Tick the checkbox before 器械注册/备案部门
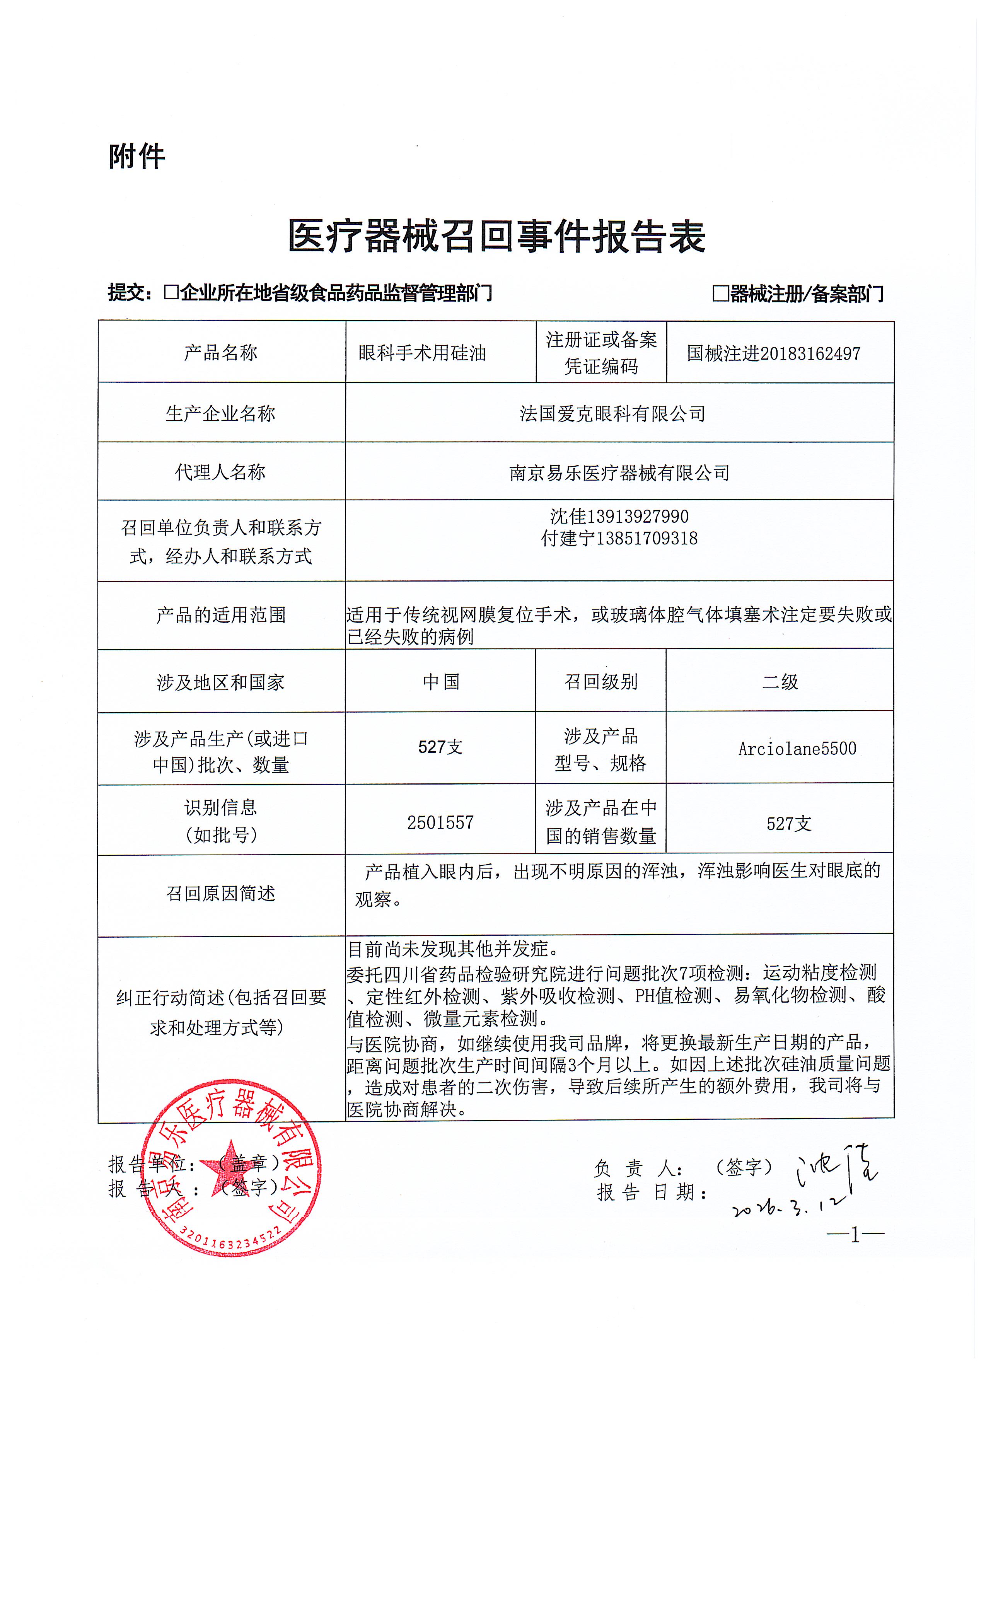720,293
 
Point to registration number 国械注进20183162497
773,354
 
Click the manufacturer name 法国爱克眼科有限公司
612,414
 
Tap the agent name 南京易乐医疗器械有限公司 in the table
619,473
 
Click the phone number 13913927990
637,516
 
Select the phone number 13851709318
647,539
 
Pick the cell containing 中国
441,681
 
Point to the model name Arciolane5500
797,749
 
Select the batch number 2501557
440,822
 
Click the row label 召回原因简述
221,894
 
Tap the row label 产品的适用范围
221,615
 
